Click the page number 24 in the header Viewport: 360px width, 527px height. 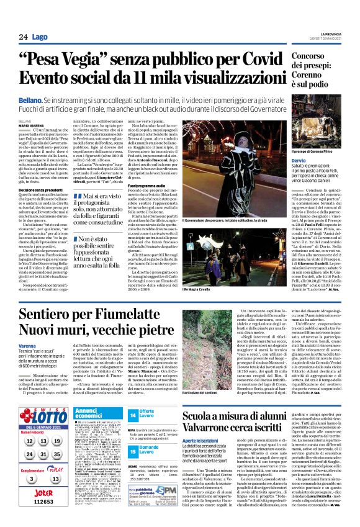23,38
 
